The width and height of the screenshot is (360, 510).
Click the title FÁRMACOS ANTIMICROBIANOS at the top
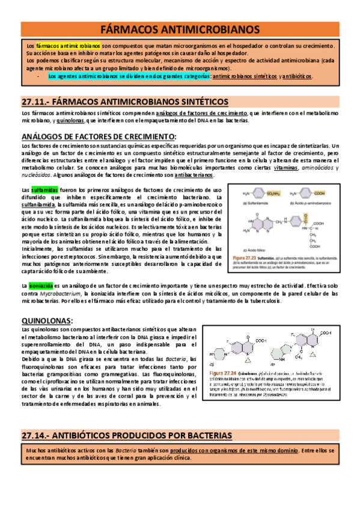click(x=180, y=29)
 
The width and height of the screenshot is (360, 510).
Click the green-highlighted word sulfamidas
click(x=44, y=190)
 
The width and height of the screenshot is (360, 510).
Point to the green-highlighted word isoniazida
click(x=40, y=286)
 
